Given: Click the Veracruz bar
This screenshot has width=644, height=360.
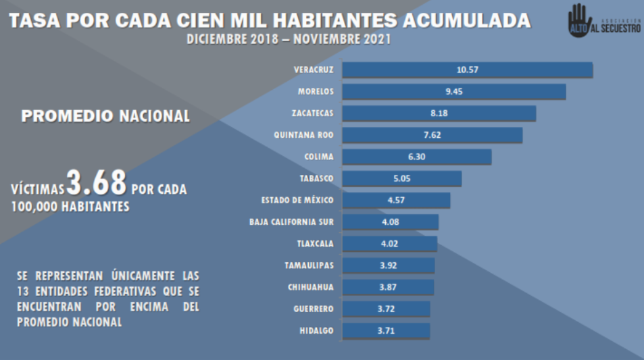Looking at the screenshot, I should point(467,70).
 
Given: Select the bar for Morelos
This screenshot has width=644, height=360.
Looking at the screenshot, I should point(453,92).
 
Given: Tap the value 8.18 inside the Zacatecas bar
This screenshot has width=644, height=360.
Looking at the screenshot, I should point(439,113).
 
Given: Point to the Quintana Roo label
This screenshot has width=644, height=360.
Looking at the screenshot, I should point(303,134).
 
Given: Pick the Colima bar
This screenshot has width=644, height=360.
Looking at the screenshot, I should point(416,157).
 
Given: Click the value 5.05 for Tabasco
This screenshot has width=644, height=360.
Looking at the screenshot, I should point(402,178).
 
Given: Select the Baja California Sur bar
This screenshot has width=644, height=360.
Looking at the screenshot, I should point(390,222).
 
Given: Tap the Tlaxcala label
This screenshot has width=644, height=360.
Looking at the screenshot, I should point(315,243).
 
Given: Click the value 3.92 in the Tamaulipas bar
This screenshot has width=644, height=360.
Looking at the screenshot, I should point(389,265).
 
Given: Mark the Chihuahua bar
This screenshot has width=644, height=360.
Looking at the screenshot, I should point(388,287).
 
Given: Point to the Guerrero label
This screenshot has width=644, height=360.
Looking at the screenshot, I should point(314,309).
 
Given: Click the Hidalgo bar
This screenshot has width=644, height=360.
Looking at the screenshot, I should point(386,330).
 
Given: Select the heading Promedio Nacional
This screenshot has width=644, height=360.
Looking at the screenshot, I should point(105,116).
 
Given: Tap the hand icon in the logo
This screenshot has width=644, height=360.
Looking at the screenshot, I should point(579,19).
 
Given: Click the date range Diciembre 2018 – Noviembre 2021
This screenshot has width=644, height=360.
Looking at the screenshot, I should point(289,40).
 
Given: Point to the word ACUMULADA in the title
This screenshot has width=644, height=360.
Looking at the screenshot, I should point(466,20).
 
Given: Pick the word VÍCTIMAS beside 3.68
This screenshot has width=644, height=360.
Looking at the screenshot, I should point(38,190).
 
